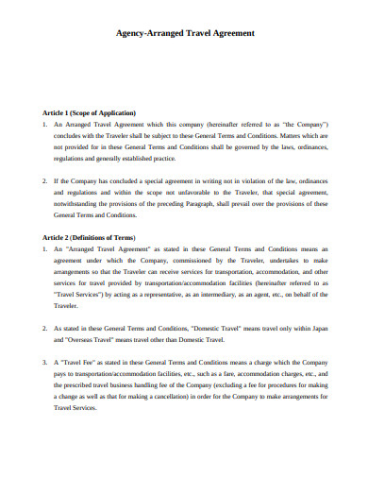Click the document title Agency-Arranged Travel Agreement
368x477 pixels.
coord(184,32)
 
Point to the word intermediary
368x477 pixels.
coord(232,294)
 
